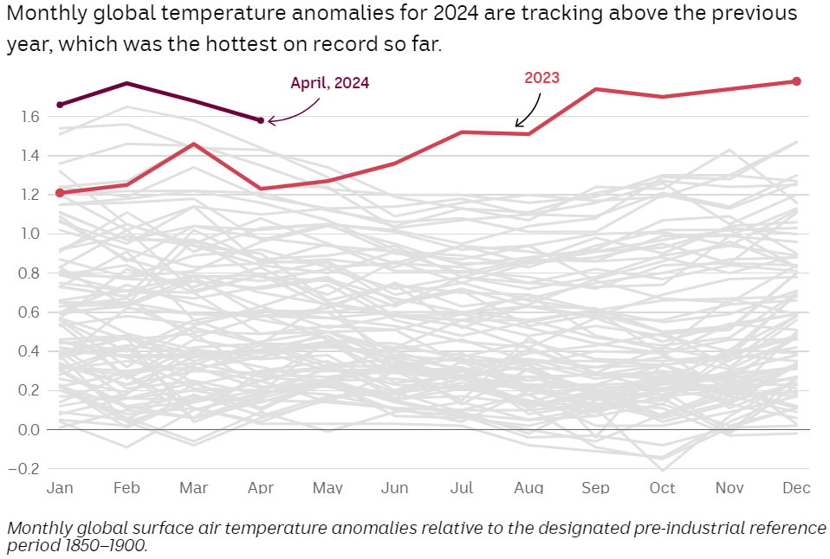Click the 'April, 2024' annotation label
tap(329, 83)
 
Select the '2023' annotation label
tap(542, 78)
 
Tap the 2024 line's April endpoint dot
tap(261, 120)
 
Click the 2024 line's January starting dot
tap(60, 105)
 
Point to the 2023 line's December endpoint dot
tap(797, 81)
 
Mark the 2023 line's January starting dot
tap(60, 193)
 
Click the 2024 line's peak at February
tap(127, 83)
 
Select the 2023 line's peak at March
tap(194, 144)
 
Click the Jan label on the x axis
tap(60, 488)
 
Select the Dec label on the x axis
tap(796, 488)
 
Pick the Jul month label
tap(462, 488)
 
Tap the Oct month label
tap(663, 488)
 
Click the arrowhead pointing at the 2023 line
tap(518, 125)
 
